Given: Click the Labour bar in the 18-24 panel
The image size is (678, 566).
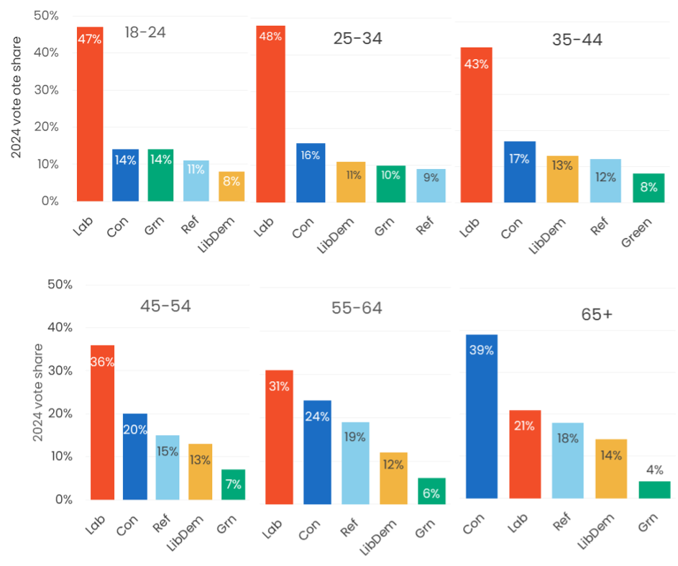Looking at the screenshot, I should [x=90, y=115].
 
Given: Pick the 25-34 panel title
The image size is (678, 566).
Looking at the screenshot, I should [x=357, y=39].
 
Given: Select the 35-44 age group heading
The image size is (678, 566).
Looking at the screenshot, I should [x=577, y=40].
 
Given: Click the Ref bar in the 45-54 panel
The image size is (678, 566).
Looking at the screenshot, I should [x=168, y=467].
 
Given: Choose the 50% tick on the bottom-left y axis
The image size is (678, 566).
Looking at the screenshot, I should [x=60, y=285].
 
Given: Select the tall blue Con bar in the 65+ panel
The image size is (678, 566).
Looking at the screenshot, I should [x=482, y=417].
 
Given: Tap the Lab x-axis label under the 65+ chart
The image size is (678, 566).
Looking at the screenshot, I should [x=516, y=519].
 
